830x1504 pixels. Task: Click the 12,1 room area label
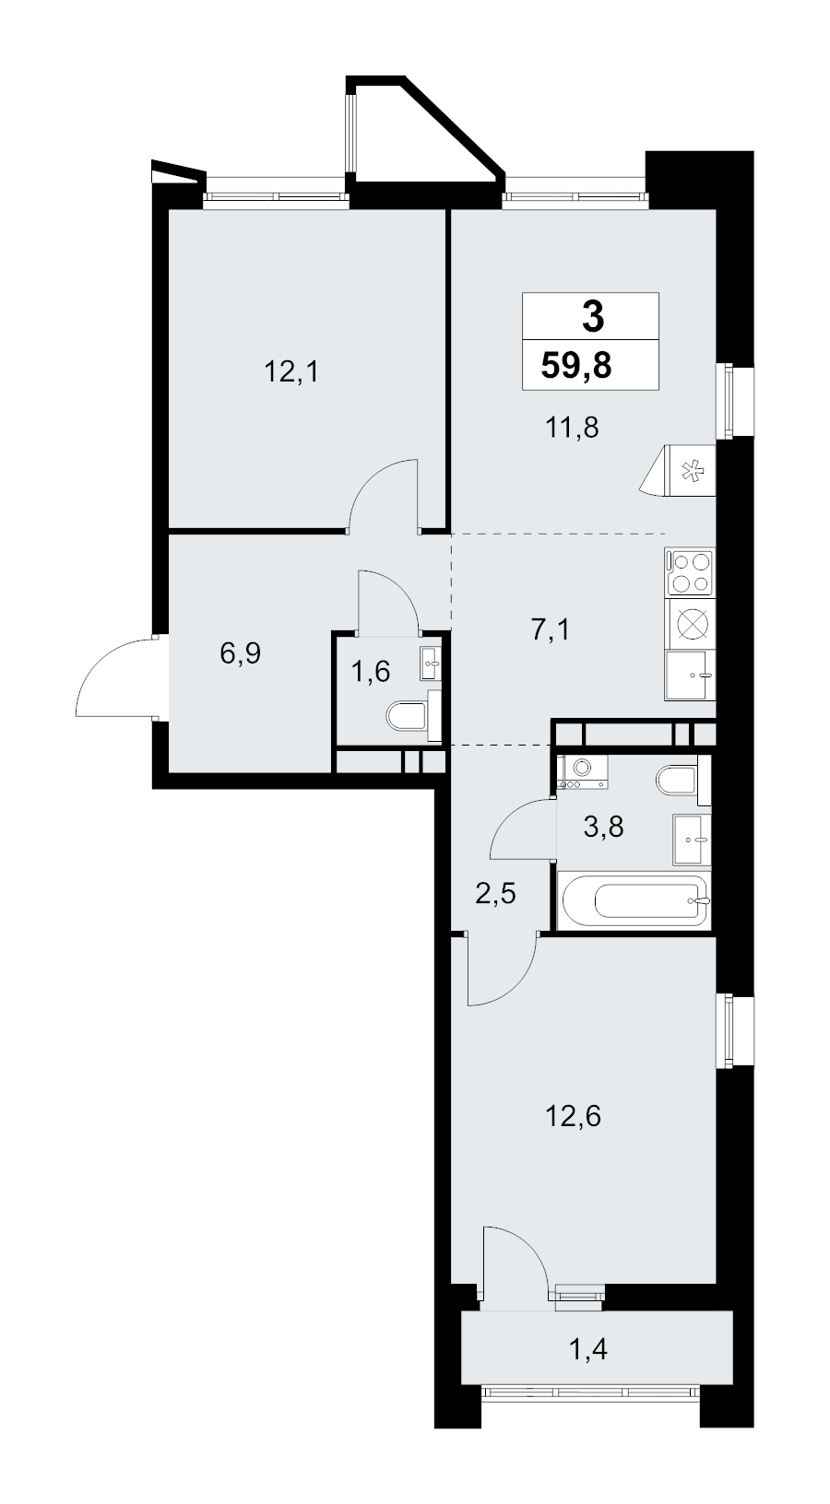coord(291,371)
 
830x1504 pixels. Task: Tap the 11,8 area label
coord(572,427)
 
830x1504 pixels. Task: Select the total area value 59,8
coord(576,367)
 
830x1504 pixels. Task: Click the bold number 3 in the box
coord(593,316)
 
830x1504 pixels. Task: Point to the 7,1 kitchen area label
coord(551,629)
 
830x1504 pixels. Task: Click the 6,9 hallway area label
coord(240,652)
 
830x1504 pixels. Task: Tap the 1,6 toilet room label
coord(371,671)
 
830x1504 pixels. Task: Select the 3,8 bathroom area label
coord(603,828)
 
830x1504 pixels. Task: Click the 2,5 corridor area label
coord(495,894)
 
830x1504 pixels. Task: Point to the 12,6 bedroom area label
coord(573,1116)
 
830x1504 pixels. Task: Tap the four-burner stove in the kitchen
coord(690,572)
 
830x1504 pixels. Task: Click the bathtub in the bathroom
coord(634,899)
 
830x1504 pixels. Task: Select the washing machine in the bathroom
coord(583,771)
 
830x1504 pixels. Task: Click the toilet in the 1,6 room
coord(410,716)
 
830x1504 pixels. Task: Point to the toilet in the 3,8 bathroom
coord(680,781)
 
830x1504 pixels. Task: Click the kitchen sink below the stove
coord(690,675)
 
